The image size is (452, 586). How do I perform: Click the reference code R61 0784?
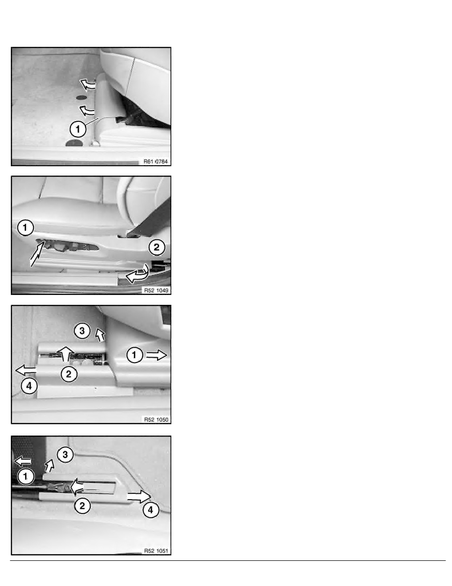pos(156,161)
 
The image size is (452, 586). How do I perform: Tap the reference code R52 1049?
pos(156,290)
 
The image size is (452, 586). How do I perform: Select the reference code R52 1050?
pos(156,419)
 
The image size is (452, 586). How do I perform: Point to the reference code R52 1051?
pos(156,550)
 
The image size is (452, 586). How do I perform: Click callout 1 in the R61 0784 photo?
pos(78,129)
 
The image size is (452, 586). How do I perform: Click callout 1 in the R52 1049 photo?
pos(25,227)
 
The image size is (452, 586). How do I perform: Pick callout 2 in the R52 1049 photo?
pos(157,247)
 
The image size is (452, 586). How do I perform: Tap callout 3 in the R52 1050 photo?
pos(82,331)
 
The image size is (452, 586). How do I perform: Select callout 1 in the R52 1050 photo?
pos(134,355)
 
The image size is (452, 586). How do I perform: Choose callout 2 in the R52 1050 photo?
pos(68,374)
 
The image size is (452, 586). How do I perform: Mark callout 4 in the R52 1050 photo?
pos(29,386)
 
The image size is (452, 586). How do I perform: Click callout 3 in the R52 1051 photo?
pos(65,454)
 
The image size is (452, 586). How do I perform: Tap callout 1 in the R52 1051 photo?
pos(26,476)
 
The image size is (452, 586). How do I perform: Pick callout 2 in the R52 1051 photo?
pos(82,506)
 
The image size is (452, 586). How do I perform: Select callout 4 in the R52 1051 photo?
pos(151,510)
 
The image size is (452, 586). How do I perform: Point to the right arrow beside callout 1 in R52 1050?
pos(156,355)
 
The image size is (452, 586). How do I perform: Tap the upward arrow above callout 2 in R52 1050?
pos(66,354)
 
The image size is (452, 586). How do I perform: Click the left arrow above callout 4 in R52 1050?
pos(26,370)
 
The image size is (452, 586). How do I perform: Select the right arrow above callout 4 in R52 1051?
pos(139,497)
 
